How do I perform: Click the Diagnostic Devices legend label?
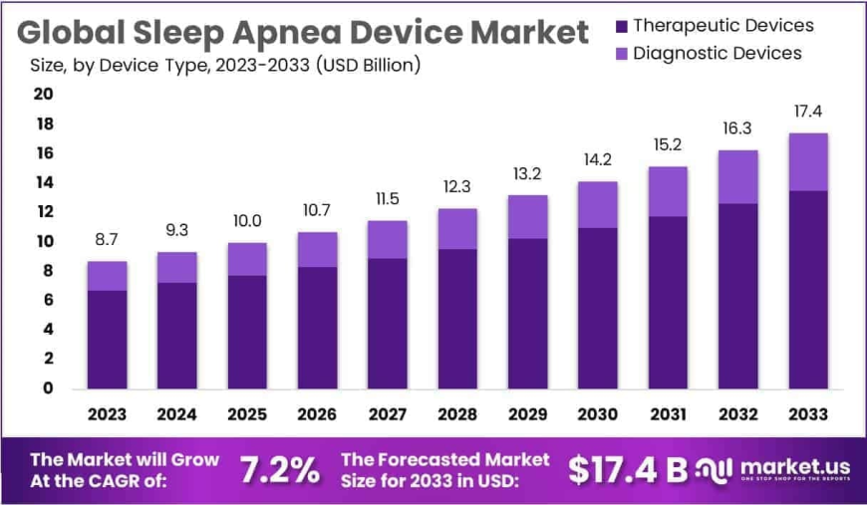718,53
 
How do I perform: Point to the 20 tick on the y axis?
44,94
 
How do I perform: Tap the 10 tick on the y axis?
44,241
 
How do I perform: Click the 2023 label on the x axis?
107,413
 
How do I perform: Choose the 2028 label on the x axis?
456,413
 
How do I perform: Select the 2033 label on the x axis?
807,413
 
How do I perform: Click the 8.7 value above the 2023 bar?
107,240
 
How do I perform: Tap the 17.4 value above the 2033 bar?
807,111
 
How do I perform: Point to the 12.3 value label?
456,187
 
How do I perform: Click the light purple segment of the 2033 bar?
807,161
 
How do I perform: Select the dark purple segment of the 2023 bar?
107,339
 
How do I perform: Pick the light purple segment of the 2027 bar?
387,239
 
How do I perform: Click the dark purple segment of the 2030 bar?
597,308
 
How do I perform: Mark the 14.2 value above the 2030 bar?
597,159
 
